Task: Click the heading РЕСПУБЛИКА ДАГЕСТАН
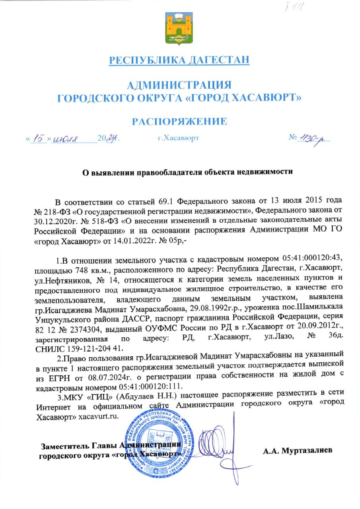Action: (180, 60)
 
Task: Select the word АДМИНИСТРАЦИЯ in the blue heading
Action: (179, 85)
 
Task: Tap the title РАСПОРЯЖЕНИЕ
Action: (179, 121)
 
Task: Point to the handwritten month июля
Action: (66, 139)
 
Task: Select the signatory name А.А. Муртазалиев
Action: (297, 450)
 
